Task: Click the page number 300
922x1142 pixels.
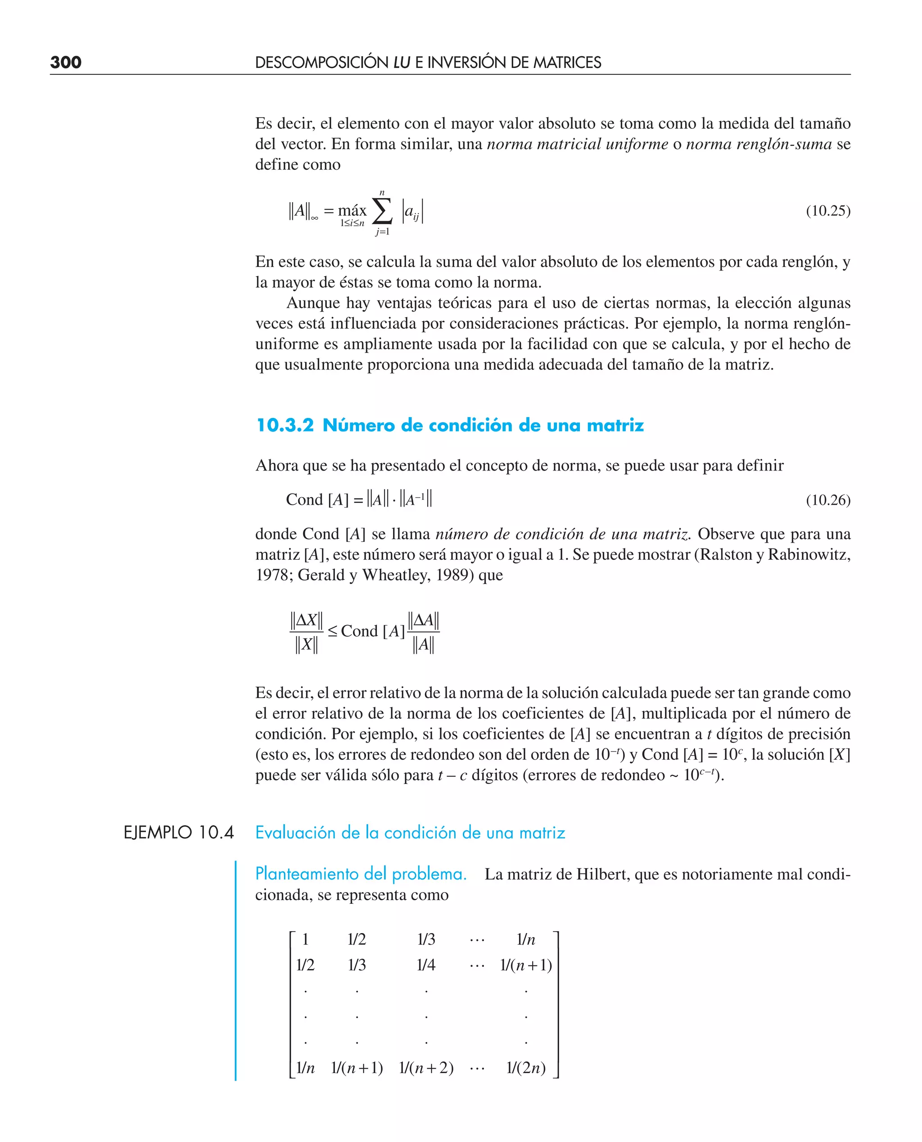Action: coord(65,63)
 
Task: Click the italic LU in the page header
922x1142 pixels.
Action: coord(402,63)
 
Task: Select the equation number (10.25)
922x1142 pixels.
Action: coord(827,211)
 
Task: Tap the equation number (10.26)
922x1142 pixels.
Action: coord(827,500)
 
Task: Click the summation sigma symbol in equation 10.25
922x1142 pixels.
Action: coord(382,211)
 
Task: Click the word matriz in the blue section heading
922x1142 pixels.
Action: coord(615,426)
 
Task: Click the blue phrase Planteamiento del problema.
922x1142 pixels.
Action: coord(361,874)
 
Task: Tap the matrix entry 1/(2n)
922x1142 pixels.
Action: coord(525,1068)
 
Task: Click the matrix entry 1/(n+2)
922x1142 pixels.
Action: coord(426,1068)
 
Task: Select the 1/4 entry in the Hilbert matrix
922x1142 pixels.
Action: coord(426,965)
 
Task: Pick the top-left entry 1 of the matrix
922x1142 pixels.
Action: coord(305,940)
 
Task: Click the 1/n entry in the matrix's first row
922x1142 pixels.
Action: coord(525,940)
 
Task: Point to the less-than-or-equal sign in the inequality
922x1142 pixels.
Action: coord(333,631)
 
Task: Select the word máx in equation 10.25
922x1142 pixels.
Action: coord(352,210)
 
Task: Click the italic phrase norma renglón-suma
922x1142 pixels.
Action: coord(759,144)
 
